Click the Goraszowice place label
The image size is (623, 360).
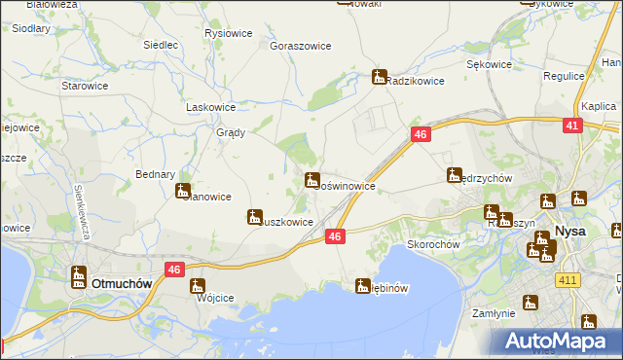click(x=301, y=46)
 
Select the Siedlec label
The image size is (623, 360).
click(x=161, y=45)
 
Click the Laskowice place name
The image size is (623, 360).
click(x=211, y=107)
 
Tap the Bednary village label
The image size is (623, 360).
click(x=155, y=174)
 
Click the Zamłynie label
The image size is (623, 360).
click(x=493, y=314)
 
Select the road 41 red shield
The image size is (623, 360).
click(x=572, y=126)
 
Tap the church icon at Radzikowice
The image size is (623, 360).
click(x=379, y=77)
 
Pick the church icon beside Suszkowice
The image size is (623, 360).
click(x=255, y=217)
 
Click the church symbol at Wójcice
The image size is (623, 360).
click(x=198, y=286)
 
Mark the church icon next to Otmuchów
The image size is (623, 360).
click(x=78, y=276)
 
